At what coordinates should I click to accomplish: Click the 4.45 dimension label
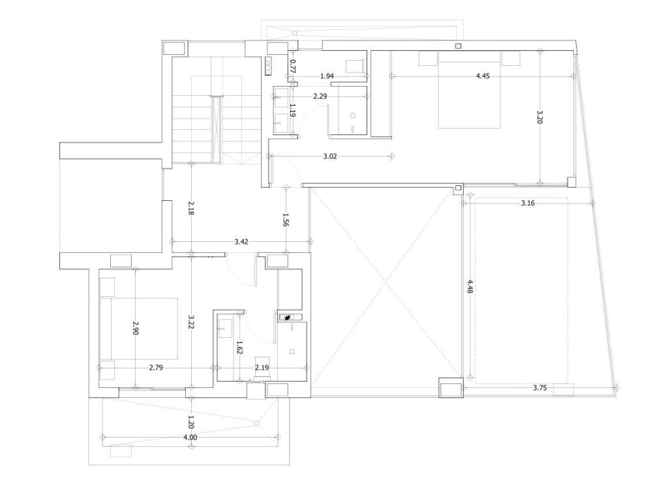click(483, 76)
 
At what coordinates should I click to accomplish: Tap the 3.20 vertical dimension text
click(539, 117)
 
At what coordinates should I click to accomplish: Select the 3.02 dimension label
click(329, 157)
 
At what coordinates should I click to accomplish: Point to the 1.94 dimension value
click(327, 76)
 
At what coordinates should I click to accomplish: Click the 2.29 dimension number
click(320, 97)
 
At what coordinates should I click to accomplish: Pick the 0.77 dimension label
click(293, 66)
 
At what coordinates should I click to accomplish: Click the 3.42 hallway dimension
click(241, 241)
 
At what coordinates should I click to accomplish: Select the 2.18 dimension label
click(191, 208)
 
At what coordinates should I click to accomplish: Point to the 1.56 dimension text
click(286, 219)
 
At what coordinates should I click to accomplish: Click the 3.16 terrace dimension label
click(527, 203)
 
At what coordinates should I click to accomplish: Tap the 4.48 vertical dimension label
click(470, 286)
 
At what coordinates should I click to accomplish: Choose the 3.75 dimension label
click(539, 388)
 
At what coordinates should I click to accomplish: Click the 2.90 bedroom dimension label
click(136, 328)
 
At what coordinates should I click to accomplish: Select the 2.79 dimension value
click(156, 368)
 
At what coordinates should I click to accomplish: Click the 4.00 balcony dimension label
click(190, 437)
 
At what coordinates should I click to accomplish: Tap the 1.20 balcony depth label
click(191, 422)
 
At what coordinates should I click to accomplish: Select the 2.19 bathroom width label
click(262, 368)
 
